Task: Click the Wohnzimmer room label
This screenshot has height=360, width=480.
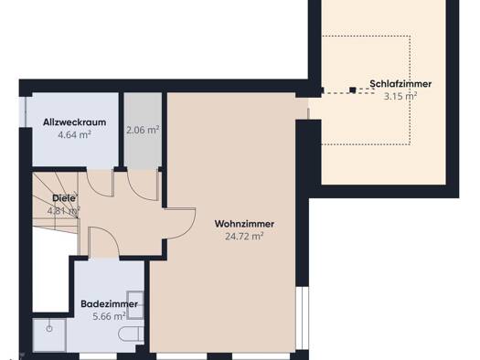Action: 244,224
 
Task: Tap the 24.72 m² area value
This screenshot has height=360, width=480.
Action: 244,237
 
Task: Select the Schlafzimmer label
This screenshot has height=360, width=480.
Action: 400,84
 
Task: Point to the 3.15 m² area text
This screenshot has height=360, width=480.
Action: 400,96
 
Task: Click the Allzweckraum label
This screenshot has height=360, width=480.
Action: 74,122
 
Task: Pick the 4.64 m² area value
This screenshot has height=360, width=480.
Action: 74,134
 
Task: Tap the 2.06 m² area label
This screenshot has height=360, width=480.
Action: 143,130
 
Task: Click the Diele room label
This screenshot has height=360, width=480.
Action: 64,198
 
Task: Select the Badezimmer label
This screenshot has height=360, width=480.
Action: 109,304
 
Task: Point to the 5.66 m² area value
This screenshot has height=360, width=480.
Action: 109,316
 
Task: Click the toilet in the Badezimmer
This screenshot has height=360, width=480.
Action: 131,334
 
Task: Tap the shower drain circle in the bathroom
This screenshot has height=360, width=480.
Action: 49,329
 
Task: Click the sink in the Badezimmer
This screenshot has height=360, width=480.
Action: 135,305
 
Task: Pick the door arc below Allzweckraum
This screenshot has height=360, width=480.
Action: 94,190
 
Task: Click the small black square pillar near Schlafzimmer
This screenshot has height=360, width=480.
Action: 353,90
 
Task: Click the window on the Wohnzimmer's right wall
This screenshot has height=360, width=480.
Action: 303,318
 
